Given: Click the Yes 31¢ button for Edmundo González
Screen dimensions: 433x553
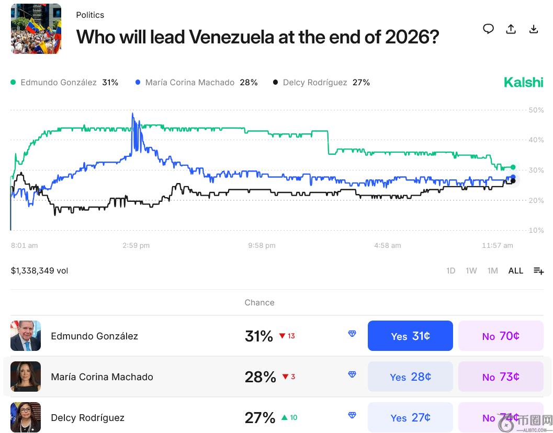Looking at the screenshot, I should [410, 336].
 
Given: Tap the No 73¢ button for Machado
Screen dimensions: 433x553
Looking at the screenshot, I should [501, 377].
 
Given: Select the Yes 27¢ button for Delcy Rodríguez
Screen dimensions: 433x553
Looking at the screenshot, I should [410, 417].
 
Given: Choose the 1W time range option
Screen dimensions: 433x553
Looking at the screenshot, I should [471, 271].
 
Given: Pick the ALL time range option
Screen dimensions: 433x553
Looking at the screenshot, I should [516, 271].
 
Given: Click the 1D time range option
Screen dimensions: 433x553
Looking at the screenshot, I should [450, 271].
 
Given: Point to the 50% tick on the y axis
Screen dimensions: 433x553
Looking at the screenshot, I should [536, 110].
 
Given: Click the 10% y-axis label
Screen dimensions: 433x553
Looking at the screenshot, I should [536, 230].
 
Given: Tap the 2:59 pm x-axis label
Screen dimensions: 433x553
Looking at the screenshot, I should [136, 245].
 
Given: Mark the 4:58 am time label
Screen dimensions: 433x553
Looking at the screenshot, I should [388, 245].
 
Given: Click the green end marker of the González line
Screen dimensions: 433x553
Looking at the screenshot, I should [513, 167].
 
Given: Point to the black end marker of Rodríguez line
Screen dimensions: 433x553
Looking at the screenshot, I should [513, 181].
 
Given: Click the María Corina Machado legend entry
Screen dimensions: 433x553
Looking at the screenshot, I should [196, 83].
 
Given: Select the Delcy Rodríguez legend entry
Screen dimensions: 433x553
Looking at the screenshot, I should [321, 83].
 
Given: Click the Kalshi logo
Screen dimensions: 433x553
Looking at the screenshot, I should [523, 82].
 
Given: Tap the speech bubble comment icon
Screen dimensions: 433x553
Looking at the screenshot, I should [488, 29].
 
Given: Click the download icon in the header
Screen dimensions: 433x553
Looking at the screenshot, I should [534, 29].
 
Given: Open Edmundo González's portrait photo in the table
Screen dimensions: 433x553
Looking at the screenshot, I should [26, 336].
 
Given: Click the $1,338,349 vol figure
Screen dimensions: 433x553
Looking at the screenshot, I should [40, 271].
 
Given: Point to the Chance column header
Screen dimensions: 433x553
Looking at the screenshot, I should [259, 303].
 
